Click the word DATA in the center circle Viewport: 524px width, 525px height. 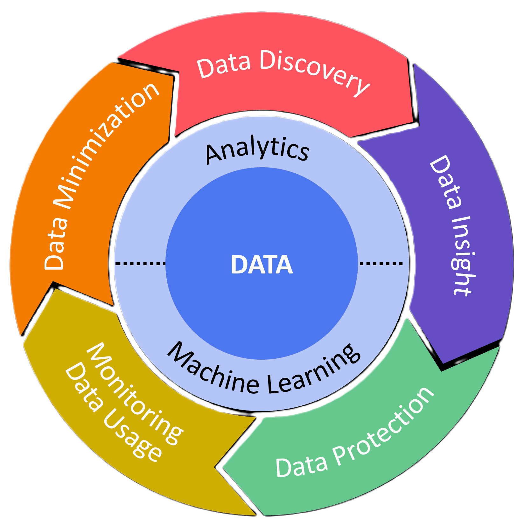pos(262,265)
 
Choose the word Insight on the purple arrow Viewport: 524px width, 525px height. pos(461,256)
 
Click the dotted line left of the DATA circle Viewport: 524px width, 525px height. pos(140,263)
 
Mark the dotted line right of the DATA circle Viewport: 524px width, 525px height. pos(381,263)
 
